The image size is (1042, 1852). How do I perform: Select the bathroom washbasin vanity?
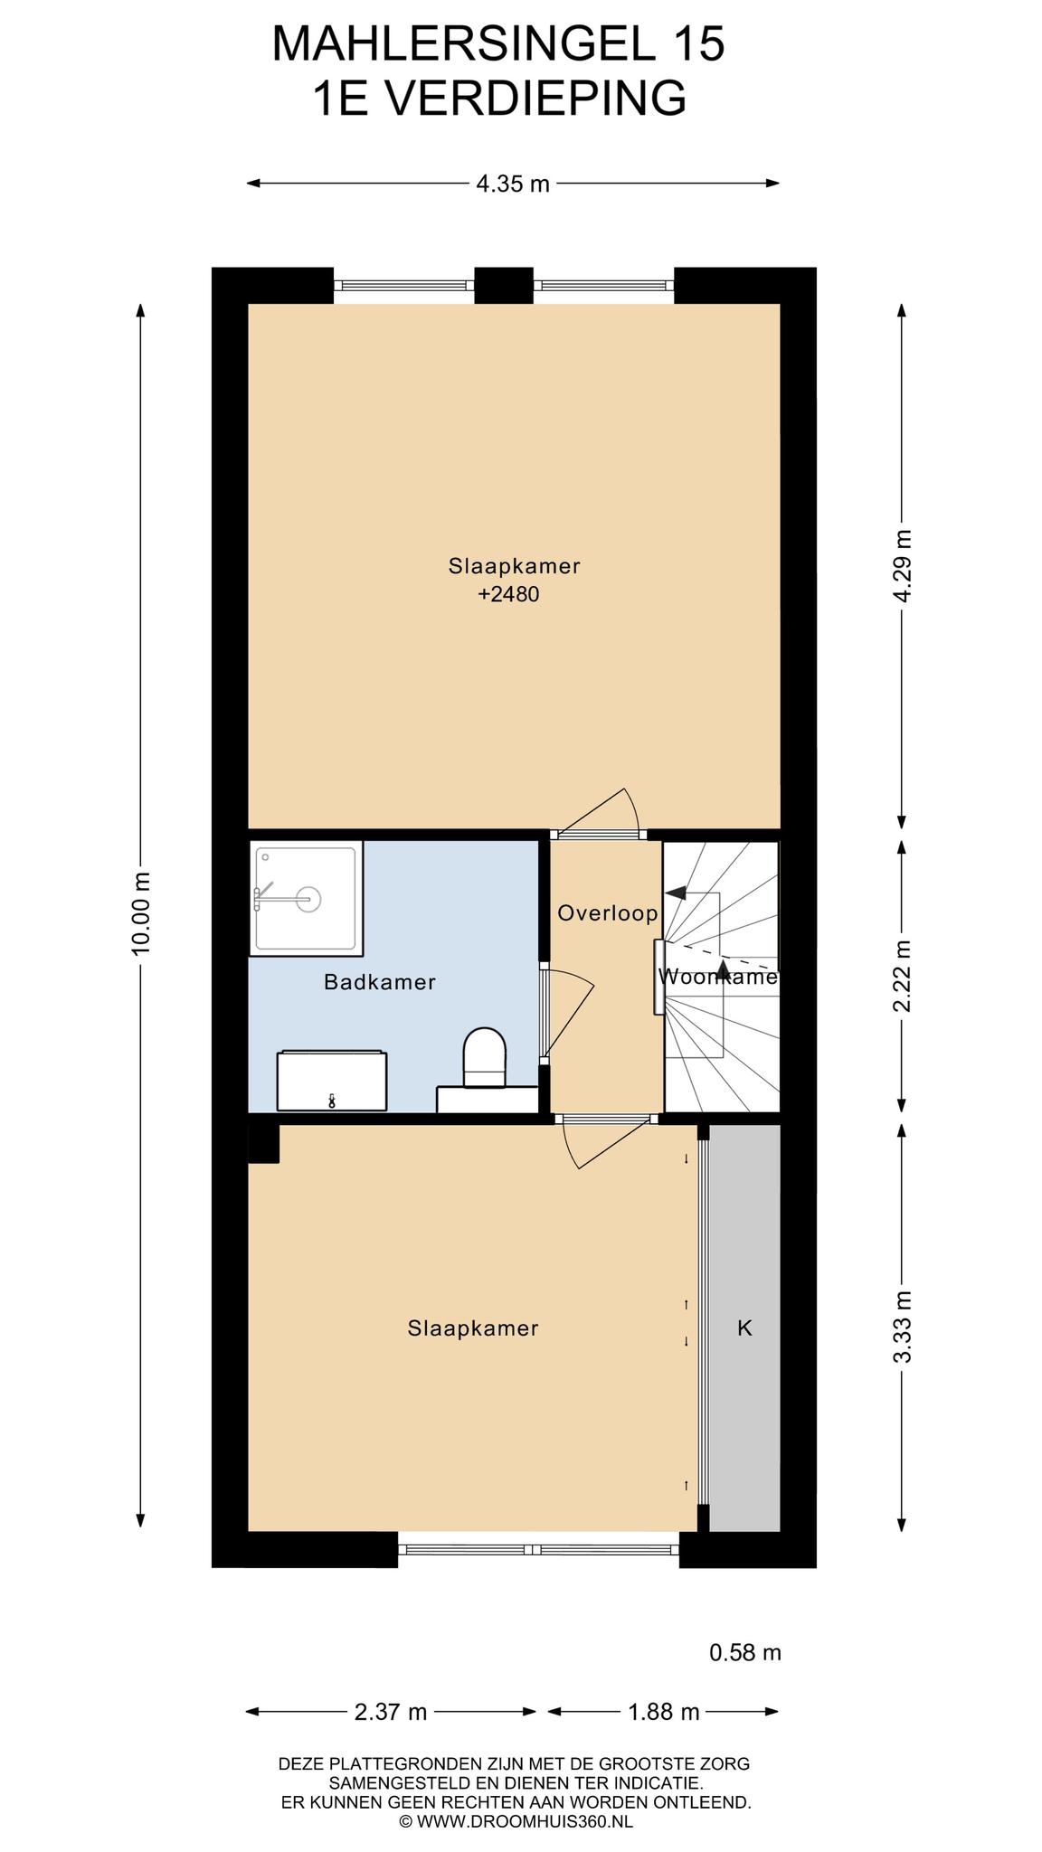click(331, 1081)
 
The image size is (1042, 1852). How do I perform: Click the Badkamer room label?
click(380, 982)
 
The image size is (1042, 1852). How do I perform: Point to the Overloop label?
click(608, 913)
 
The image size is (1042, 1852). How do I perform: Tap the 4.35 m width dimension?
click(513, 184)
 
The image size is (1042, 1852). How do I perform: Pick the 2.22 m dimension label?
click(902, 977)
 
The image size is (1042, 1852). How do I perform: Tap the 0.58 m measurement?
click(745, 1653)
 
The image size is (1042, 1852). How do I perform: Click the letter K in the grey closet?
click(745, 1328)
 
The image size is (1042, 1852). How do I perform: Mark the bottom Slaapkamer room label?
click(473, 1328)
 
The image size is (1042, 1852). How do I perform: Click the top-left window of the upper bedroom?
click(404, 285)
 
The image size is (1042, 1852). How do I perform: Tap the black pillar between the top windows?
click(504, 285)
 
